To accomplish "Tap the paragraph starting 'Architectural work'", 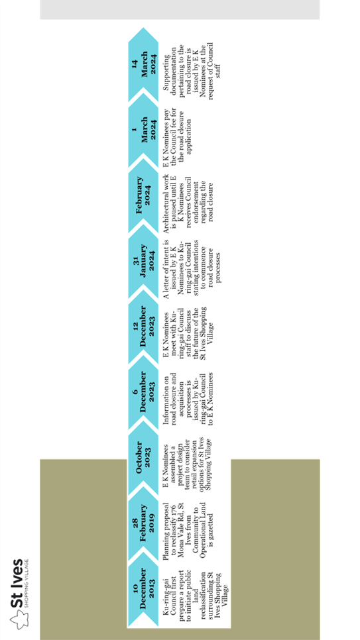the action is pos(188,197).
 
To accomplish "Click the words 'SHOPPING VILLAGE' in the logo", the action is pos(27,588).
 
